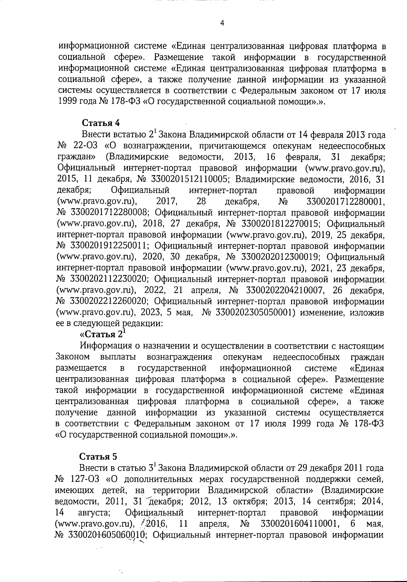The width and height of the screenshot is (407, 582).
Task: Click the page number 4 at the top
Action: click(x=222, y=23)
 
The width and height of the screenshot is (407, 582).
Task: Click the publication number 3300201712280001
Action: click(x=345, y=202)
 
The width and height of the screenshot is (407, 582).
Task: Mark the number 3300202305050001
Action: click(x=254, y=313)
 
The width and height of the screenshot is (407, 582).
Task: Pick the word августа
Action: click(x=97, y=512)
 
